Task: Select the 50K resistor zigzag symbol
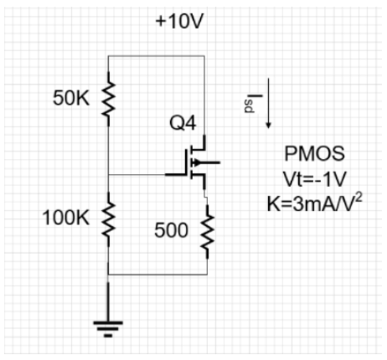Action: pos(108,99)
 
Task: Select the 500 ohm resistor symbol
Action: pos(206,229)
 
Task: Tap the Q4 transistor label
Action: pos(183,124)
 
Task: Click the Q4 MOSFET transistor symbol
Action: pos(197,162)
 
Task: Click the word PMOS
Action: pos(314,154)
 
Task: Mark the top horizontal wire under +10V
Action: pos(157,56)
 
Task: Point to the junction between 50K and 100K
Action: pos(108,174)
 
